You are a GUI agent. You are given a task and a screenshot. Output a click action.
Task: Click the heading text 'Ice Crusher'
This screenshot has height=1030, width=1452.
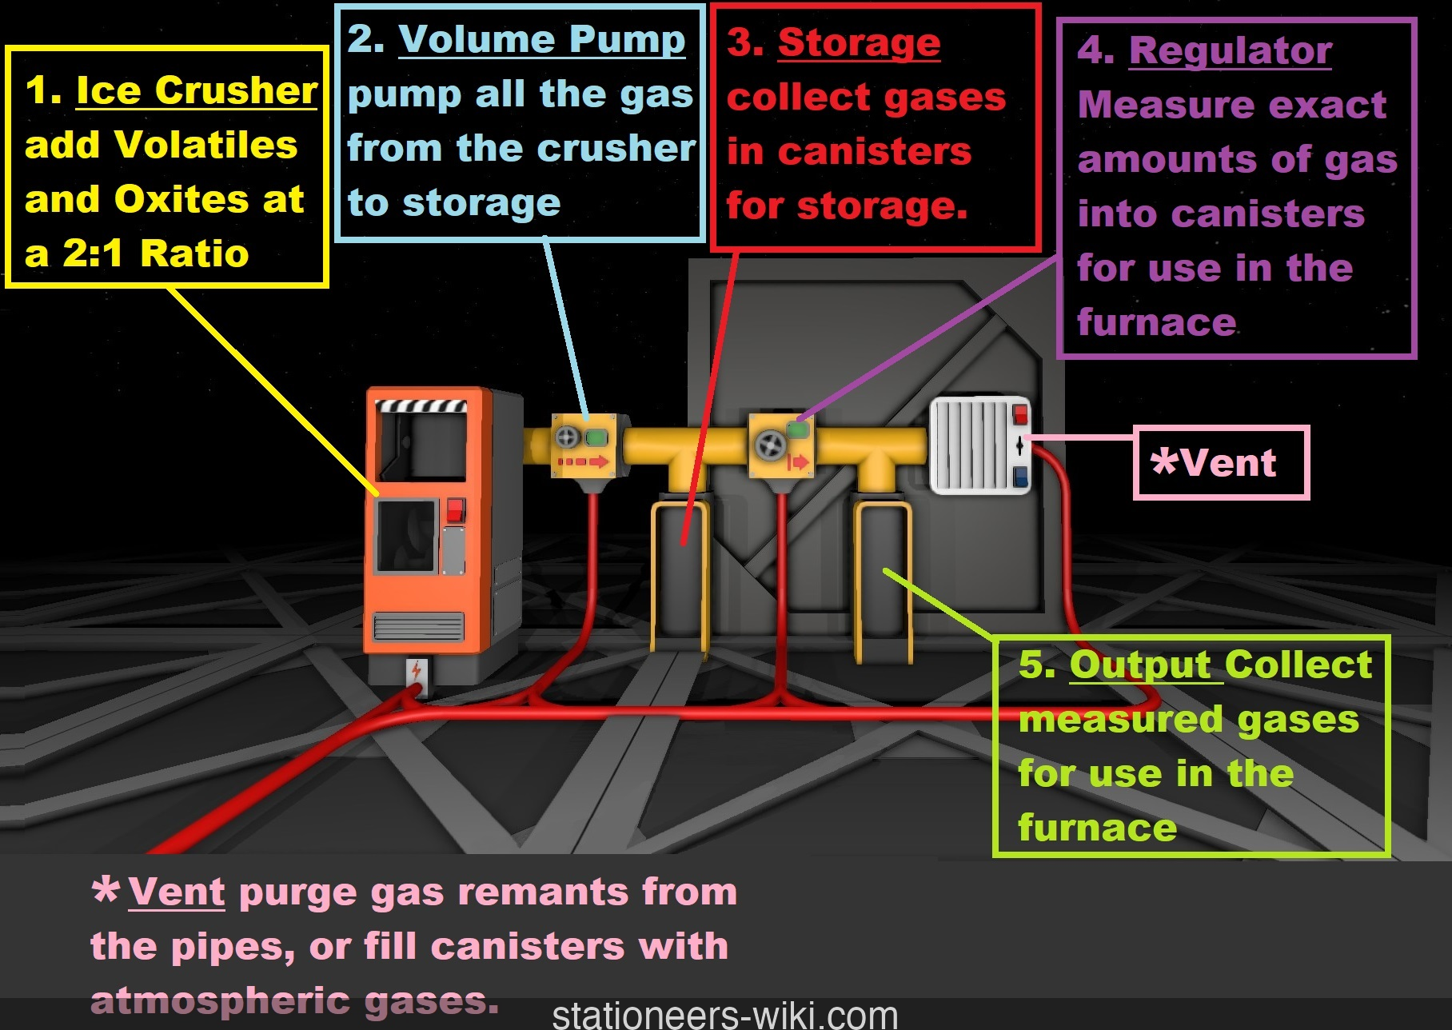pos(197,90)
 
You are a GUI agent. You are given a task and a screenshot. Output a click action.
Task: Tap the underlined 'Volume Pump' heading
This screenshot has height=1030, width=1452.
pos(541,39)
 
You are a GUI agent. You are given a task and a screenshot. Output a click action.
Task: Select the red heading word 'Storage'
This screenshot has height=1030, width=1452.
pos(859,42)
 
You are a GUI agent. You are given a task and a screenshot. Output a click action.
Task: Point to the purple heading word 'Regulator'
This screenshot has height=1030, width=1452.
pos(1230,50)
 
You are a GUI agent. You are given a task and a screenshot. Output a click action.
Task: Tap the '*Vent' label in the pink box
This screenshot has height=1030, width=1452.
pos(1213,463)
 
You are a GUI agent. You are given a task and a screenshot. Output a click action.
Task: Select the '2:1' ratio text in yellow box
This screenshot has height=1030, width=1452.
pos(93,254)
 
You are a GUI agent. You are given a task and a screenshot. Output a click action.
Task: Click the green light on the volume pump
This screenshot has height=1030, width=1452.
pos(596,437)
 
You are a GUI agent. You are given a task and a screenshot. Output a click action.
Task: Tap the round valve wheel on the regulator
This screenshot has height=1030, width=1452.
pos(771,445)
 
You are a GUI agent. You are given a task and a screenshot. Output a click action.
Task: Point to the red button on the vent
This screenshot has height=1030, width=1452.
pos(1020,414)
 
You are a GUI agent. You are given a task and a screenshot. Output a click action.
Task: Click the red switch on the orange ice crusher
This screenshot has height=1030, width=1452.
pos(455,510)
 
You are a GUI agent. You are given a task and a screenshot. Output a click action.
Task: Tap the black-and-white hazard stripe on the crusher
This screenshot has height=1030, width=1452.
pos(421,405)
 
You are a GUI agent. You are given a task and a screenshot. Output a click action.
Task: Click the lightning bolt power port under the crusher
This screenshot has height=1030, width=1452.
pos(416,670)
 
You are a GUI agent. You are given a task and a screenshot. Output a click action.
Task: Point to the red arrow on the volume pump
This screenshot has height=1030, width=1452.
pos(584,462)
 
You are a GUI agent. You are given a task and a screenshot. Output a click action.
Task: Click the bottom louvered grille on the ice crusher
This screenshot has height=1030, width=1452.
pos(418,626)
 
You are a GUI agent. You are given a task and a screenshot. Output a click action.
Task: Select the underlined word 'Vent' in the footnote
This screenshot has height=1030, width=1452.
pos(177,892)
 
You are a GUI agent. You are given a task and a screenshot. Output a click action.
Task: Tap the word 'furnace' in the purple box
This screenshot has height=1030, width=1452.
pos(1156,322)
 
